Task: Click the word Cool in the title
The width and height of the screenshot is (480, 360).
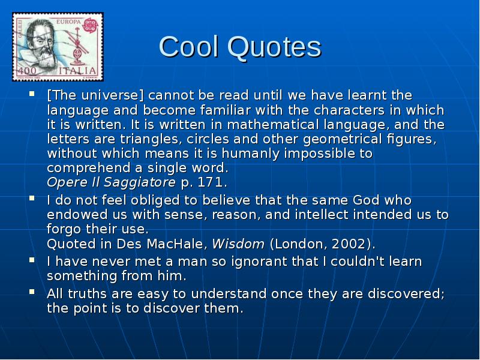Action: [x=187, y=47]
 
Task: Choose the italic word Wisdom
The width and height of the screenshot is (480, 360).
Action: [x=238, y=244]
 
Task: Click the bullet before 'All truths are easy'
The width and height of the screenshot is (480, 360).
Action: [x=31, y=293]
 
